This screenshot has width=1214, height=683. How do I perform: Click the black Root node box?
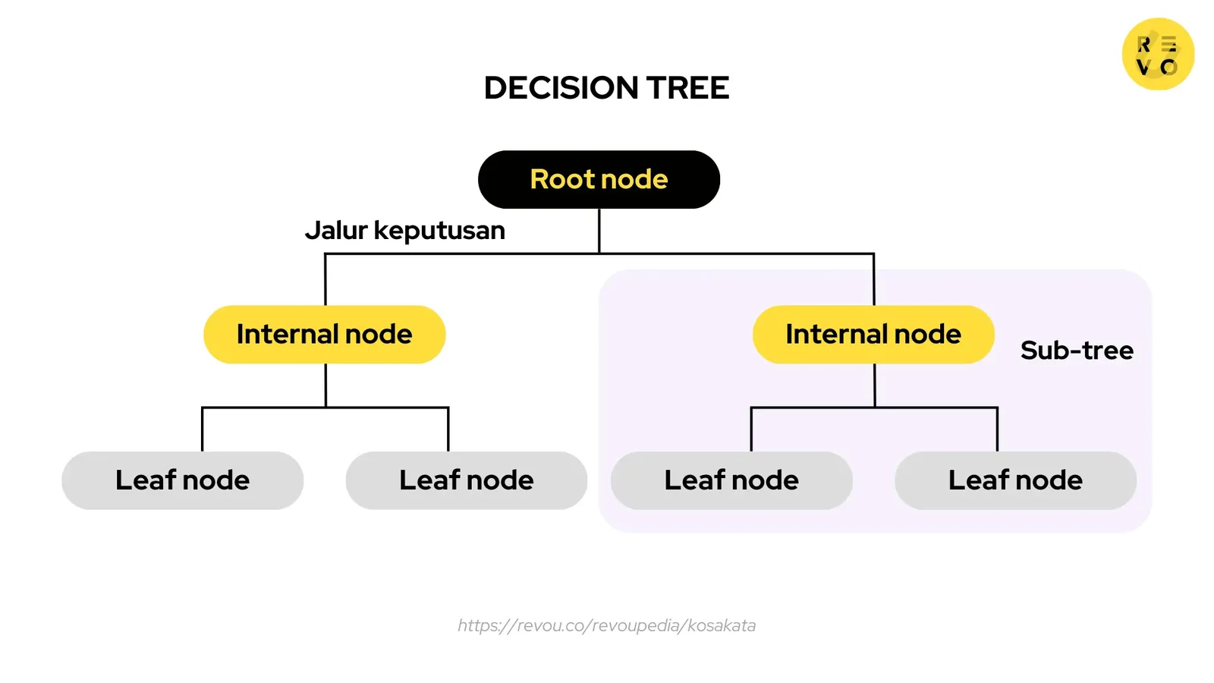click(599, 180)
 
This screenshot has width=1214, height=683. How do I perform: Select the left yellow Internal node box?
click(324, 335)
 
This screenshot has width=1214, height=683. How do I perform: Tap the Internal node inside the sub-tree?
click(873, 335)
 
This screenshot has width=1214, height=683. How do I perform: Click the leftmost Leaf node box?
click(182, 480)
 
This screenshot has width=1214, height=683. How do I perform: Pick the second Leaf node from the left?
click(466, 480)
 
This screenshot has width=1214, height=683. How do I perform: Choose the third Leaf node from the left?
click(731, 480)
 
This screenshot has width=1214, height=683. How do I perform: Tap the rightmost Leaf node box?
click(1015, 480)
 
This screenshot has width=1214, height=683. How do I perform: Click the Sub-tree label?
click(1077, 351)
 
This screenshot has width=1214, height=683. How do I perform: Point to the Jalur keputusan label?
click(404, 230)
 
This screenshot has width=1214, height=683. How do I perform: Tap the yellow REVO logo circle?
click(1158, 55)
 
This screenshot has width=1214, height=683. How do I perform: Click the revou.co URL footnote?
click(606, 625)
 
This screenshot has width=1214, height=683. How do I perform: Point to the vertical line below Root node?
click(599, 231)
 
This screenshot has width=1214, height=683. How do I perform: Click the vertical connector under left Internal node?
click(326, 386)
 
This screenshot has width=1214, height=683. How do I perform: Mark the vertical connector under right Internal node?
click(875, 386)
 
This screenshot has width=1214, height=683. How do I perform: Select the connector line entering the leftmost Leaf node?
click(203, 430)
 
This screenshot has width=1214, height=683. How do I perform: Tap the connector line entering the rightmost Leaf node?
click(997, 430)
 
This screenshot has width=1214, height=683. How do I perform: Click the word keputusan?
click(439, 231)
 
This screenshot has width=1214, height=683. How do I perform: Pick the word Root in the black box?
click(562, 180)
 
